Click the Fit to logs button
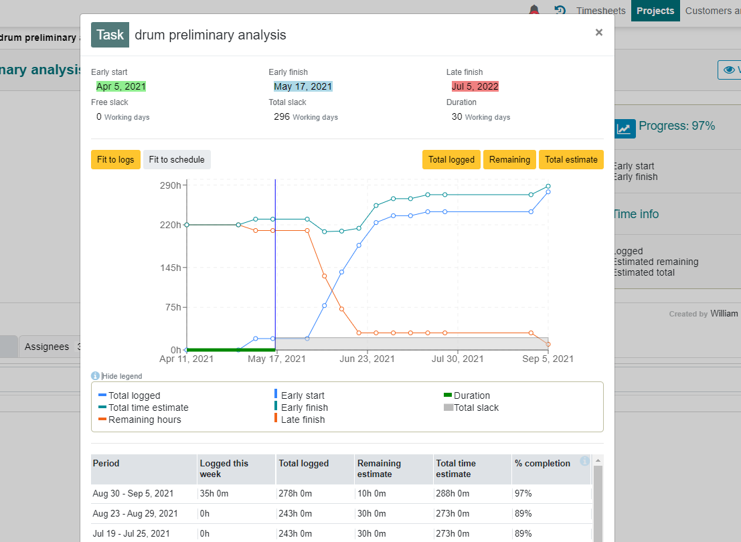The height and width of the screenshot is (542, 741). [x=116, y=160]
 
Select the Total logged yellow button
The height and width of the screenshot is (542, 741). [x=451, y=160]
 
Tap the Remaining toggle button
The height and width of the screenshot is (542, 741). [x=509, y=160]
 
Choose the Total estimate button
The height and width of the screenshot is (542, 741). [x=571, y=160]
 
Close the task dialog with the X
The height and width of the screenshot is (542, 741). [x=598, y=32]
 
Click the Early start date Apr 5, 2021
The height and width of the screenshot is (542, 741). [x=121, y=86]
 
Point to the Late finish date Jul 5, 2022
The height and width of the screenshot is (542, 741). [x=475, y=86]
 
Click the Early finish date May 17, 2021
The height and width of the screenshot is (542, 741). [x=303, y=86]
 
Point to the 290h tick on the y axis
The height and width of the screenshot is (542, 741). [x=171, y=185]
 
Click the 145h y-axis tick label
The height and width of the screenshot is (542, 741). [x=171, y=268]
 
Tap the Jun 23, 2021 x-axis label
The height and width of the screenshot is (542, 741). [x=367, y=359]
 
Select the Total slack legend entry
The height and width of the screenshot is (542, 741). [x=471, y=408]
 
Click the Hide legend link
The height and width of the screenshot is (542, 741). [x=122, y=376]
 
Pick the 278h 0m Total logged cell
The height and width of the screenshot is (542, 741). [x=295, y=493]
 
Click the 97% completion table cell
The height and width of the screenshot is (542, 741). [x=523, y=493]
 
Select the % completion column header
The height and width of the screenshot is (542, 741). [x=542, y=464]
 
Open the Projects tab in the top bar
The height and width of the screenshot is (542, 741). [x=655, y=11]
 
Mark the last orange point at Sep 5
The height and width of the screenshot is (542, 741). [x=548, y=345]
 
